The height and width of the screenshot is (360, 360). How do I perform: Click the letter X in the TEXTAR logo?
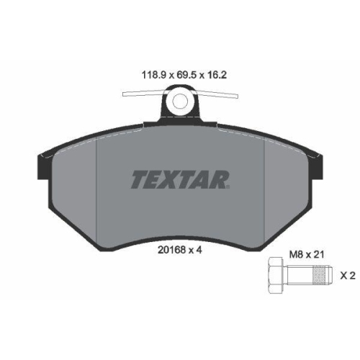(x=169, y=179)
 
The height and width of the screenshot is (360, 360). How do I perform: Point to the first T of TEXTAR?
(x=138, y=179)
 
